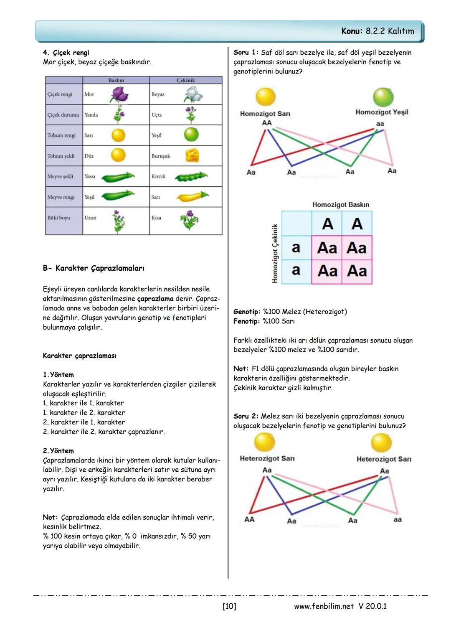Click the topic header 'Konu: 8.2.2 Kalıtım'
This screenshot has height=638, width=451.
pos(378,31)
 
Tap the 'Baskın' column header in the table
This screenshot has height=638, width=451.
pos(116,80)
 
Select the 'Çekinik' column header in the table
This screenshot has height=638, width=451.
pos(185,80)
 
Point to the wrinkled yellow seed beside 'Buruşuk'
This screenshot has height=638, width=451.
pos(192,156)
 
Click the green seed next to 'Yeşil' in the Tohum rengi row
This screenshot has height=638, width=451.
pos(191,135)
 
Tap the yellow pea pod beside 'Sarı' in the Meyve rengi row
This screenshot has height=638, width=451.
pos(192,197)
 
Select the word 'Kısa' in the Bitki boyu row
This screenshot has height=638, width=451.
pos(156,218)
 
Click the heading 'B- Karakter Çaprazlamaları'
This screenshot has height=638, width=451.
pos(94,268)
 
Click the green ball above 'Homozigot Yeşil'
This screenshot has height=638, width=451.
pos(383,97)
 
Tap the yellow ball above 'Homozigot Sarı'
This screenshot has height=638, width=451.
pos(265,97)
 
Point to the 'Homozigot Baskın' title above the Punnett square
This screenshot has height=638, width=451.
pos(341,205)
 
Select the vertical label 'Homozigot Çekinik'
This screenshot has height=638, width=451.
pos(275,253)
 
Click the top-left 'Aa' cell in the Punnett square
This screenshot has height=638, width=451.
pos(327,248)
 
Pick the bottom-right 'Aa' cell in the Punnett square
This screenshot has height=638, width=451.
pos(357,271)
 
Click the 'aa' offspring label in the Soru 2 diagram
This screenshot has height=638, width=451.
pos(397,519)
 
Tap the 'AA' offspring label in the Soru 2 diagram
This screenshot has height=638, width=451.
pos(249,519)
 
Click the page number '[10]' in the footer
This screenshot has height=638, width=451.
pos(229,606)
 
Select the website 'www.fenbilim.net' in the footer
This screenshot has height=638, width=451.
pos(324,606)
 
